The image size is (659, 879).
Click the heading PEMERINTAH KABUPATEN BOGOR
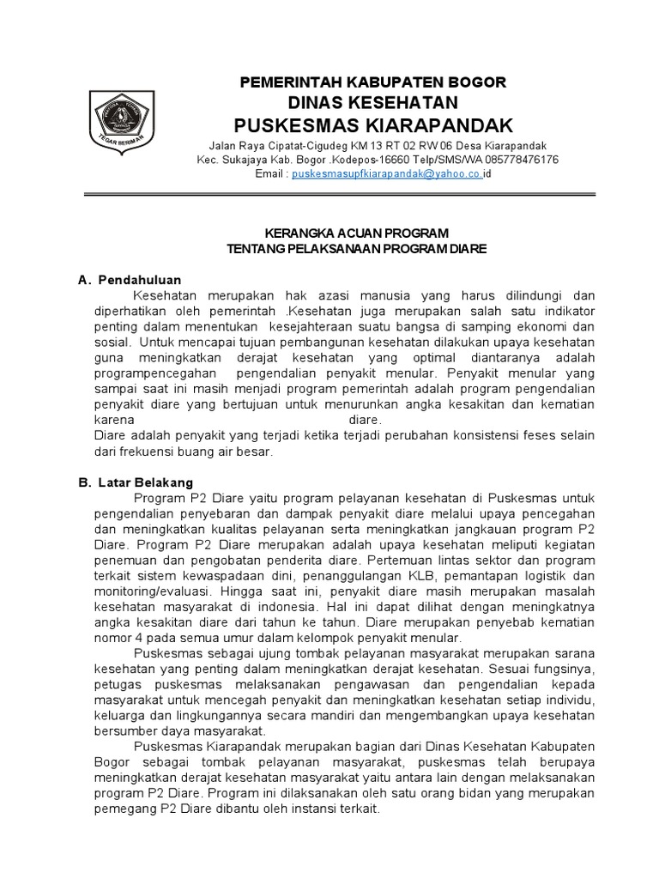point(372,82)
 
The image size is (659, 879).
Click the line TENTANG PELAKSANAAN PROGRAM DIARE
point(356,248)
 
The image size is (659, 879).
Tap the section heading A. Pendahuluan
point(130,280)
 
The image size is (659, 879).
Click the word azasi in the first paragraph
point(302,295)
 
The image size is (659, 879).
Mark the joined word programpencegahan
point(149,373)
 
